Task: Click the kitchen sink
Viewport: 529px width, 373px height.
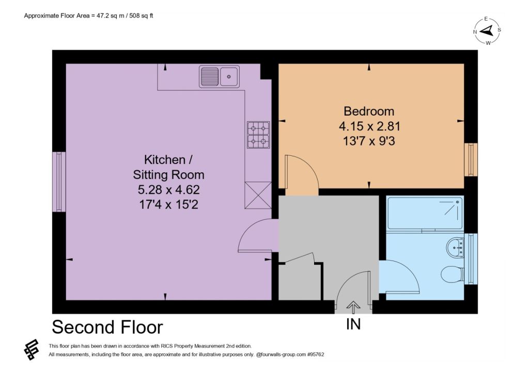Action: [x=219, y=77]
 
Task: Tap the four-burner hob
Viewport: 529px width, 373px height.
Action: [x=258, y=135]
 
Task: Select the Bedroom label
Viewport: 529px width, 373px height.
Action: [x=369, y=111]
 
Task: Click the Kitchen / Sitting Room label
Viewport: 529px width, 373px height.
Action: [x=168, y=167]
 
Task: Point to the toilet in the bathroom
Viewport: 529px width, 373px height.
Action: [x=452, y=273]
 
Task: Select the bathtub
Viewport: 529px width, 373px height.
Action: [x=426, y=214]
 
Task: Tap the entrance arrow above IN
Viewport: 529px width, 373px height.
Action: [x=353, y=307]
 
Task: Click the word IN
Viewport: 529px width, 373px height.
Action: [x=353, y=324]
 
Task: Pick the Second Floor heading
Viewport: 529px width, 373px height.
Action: [x=107, y=327]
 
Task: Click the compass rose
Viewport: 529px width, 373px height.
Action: [x=487, y=31]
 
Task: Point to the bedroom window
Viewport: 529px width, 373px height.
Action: [x=471, y=159]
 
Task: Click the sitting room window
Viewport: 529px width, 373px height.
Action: [x=59, y=182]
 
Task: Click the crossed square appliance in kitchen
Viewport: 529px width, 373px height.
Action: [x=258, y=195]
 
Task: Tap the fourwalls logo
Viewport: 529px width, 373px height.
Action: [x=32, y=349]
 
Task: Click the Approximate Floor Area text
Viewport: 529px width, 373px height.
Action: [x=89, y=15]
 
